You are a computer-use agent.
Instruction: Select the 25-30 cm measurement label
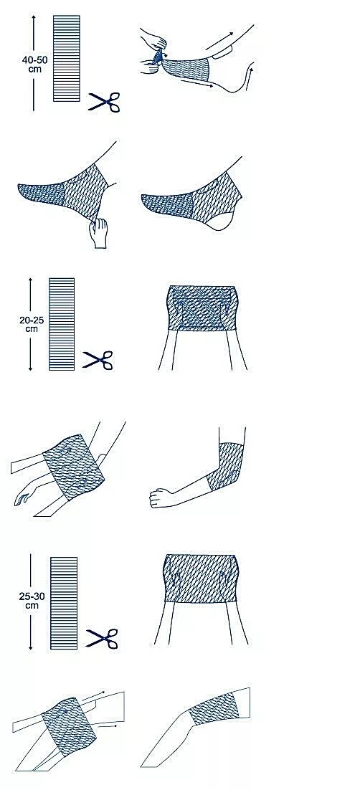[x=32, y=600]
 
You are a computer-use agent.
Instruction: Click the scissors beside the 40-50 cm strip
[x=103, y=103]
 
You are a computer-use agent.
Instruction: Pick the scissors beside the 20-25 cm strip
[x=98, y=359]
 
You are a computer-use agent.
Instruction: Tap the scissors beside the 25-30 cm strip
[x=101, y=637]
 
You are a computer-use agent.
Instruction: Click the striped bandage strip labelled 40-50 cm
[x=66, y=60]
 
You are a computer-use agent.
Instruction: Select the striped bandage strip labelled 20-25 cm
[x=62, y=324]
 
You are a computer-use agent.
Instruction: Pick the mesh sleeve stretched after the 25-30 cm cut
[x=201, y=579]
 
